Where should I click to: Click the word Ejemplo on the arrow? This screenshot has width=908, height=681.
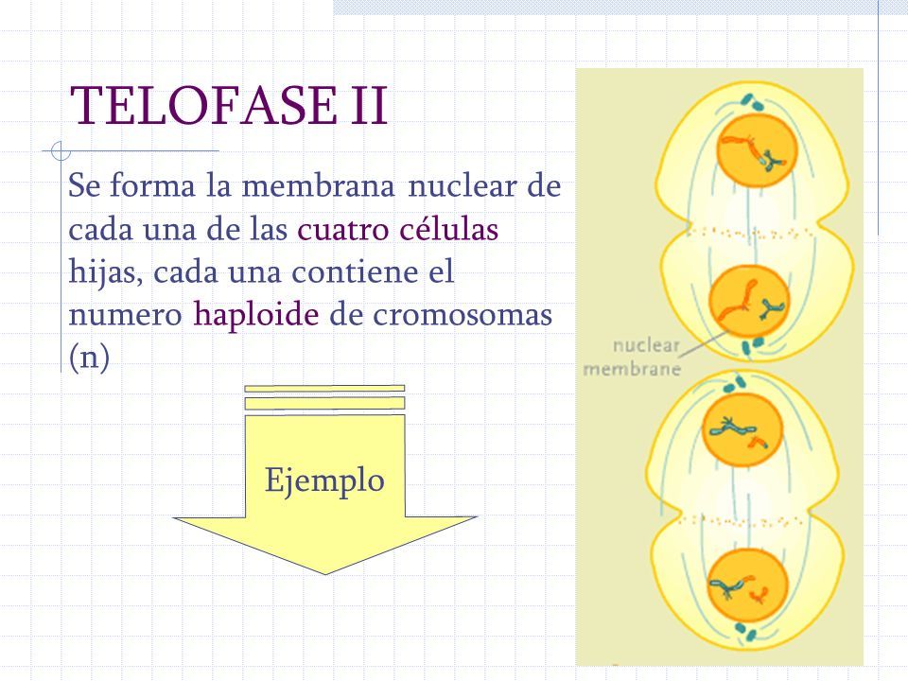(x=325, y=480)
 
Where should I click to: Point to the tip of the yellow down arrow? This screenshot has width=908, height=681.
(x=325, y=570)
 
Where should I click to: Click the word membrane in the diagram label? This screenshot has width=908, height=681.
(x=631, y=369)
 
